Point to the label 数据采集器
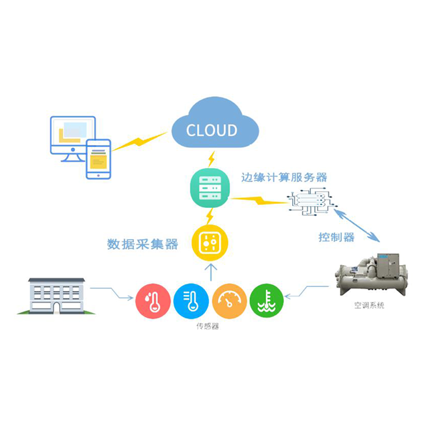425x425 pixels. tap(142, 244)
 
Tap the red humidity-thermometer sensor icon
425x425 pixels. tap(153, 301)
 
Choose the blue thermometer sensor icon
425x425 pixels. tap(191, 301)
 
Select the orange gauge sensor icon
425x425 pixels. tap(229, 301)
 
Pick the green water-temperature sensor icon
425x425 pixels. tap(266, 301)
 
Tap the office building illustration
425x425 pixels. tap(56, 295)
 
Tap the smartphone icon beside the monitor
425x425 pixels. tap(98, 159)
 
